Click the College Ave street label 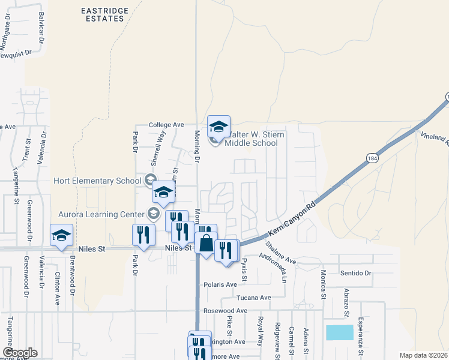click(x=166, y=124)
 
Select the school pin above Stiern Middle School click(x=218, y=127)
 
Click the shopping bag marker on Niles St click(x=206, y=244)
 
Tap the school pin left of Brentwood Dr click(x=61, y=236)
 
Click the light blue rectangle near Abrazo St click(x=340, y=332)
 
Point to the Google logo click(x=20, y=352)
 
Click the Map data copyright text click(x=424, y=355)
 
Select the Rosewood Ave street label click(x=225, y=311)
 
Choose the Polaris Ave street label click(x=221, y=284)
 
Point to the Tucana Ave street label click(x=254, y=298)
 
